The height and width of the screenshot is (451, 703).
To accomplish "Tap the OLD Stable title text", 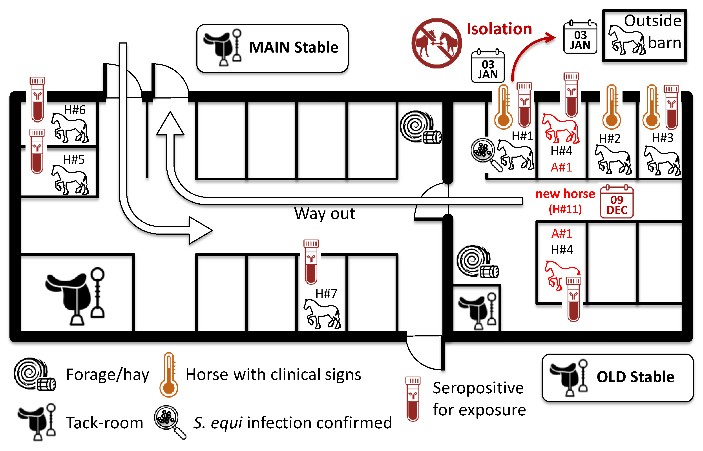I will pos(635,377).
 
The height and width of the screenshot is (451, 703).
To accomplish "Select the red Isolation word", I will pos(499,29).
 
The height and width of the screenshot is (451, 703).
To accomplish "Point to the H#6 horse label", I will pos(75,110).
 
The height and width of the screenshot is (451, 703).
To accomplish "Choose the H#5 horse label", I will pos(74,160).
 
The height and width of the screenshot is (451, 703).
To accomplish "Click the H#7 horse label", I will pos(326,293).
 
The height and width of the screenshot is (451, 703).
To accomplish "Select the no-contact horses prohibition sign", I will pos(436,43).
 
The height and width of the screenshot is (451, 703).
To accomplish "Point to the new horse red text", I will pos(565,194).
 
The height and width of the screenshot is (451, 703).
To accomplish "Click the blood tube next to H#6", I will pos(37,100).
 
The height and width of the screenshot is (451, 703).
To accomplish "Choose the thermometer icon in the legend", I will pos(169,375).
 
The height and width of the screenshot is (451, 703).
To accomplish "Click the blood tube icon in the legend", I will pos(413,399).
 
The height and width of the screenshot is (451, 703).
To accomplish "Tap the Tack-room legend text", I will pos(104,423).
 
